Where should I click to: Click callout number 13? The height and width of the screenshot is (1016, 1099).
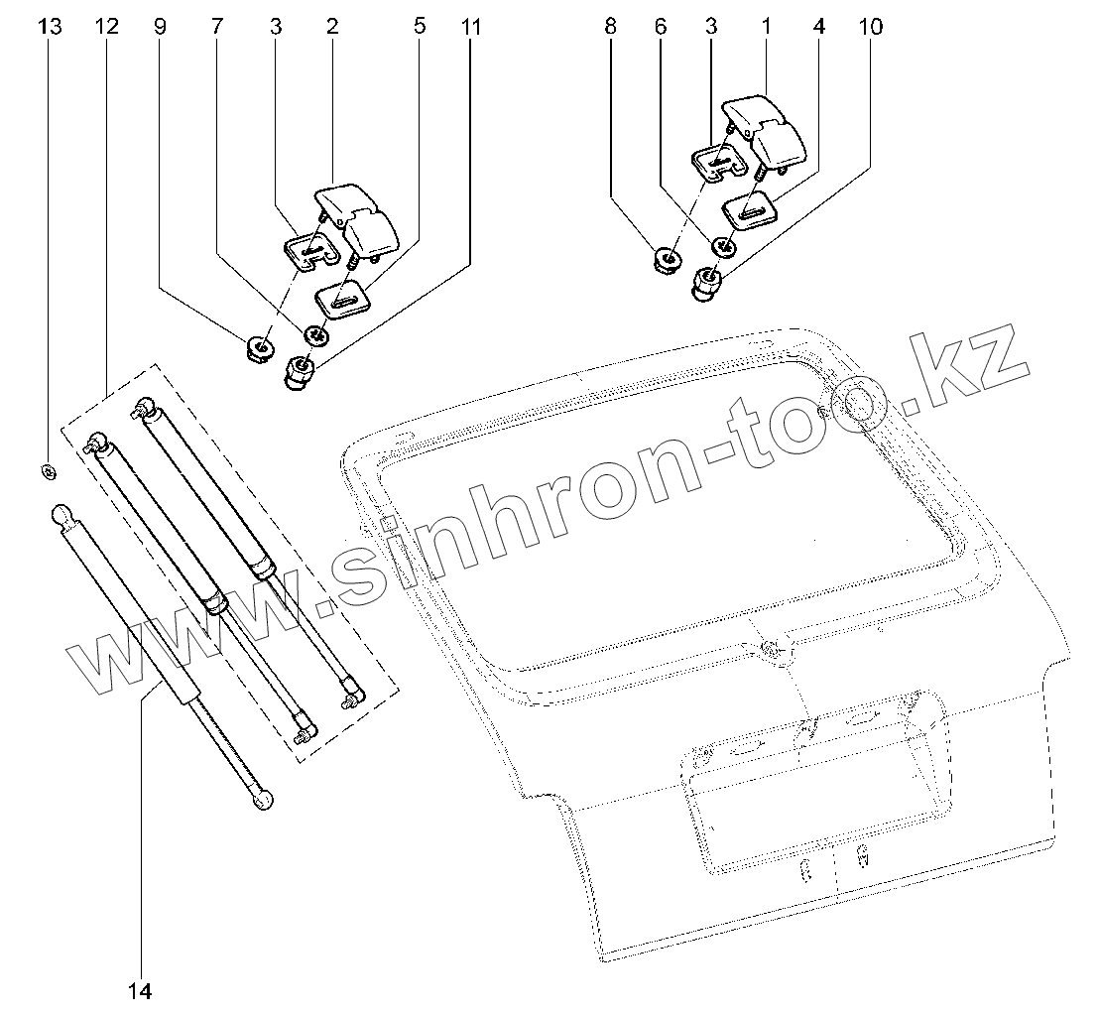pyautogui.click(x=49, y=27)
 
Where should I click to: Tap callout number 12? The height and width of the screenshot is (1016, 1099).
pyautogui.click(x=107, y=27)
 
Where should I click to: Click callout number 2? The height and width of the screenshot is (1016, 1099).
pyautogui.click(x=331, y=27)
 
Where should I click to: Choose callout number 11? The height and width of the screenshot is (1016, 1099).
pyautogui.click(x=471, y=27)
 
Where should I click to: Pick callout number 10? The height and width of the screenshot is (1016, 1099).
pyautogui.click(x=870, y=27)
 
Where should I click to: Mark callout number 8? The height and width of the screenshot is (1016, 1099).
pyautogui.click(x=610, y=27)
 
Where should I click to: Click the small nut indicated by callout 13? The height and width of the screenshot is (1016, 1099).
pyautogui.click(x=49, y=470)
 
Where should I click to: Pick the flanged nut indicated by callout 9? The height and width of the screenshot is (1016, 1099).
pyautogui.click(x=260, y=349)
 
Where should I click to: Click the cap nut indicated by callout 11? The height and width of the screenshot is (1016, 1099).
pyautogui.click(x=299, y=375)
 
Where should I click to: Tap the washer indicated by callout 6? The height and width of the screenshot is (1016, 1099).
pyautogui.click(x=725, y=246)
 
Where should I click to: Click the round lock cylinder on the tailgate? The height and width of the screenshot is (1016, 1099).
pyautogui.click(x=771, y=651)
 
